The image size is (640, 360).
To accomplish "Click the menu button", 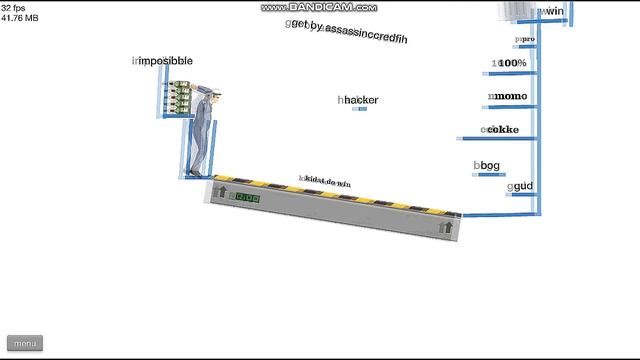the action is (26, 344).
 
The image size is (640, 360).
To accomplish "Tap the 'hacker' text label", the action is (359, 100).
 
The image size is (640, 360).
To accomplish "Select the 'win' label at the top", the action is (553, 12).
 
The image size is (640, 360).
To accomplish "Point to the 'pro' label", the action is (526, 40).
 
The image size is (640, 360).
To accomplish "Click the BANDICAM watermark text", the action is (320, 7).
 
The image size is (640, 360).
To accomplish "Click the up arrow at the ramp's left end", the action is (221, 193).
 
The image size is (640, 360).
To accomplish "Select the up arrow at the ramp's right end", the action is (445, 228).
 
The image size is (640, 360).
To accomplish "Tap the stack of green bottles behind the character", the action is (179, 98).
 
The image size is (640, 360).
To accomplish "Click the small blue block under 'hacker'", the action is (361, 109).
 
